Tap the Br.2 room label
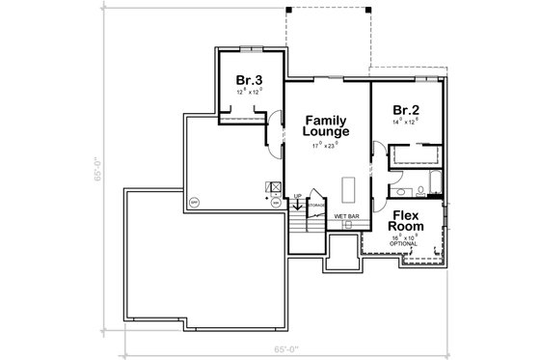405,110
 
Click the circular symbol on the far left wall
193,203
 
